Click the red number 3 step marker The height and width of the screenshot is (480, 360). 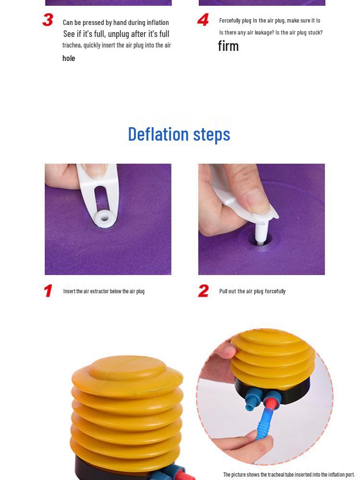(x=48, y=20)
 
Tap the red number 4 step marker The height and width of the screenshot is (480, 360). (x=203, y=20)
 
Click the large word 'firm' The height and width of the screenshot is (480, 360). (x=228, y=46)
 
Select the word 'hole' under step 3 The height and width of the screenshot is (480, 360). (x=69, y=58)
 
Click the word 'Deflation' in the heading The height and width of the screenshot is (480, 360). (x=158, y=134)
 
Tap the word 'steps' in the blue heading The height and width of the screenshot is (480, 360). (x=212, y=135)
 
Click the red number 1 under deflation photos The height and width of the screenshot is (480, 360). (x=48, y=291)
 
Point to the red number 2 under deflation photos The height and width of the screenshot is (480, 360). (x=203, y=291)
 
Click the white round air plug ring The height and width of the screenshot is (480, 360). (x=104, y=218)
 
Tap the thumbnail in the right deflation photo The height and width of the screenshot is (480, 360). (x=257, y=201)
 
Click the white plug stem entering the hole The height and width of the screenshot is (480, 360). (x=261, y=233)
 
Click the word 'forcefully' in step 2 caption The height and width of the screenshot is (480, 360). (x=275, y=291)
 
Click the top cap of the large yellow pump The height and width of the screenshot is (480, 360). (x=127, y=368)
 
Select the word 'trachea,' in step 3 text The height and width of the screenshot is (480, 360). (x=72, y=45)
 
